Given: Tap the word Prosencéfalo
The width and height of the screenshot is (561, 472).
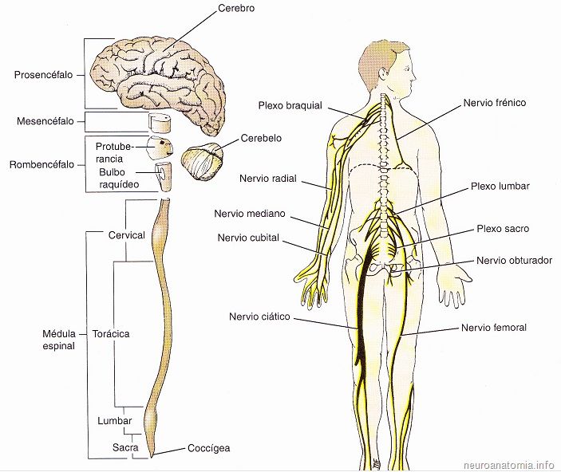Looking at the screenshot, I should pos(43,75).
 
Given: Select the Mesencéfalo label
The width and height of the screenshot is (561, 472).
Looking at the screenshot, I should pos(45,121).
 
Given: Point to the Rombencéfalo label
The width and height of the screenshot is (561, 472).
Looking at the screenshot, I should pos(41,165).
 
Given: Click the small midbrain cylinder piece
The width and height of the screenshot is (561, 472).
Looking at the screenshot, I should pos(162,123).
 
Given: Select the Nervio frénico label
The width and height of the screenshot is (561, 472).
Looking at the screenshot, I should pos(495,104).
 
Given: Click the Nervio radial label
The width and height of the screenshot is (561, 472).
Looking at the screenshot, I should pos(268,179).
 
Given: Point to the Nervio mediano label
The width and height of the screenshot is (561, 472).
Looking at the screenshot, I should pos(250,214).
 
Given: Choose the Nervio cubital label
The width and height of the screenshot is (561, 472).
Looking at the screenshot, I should pos(248,237).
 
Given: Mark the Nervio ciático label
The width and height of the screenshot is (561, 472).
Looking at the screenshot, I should pos(259,317).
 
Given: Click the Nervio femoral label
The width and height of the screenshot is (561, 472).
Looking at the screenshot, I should pos(494,328).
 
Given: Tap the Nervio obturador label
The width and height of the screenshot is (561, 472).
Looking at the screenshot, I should pos(514,260).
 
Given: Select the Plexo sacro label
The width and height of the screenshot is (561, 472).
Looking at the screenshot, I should pos(503,229).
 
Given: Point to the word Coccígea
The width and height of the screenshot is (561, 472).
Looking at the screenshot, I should pos(208,448).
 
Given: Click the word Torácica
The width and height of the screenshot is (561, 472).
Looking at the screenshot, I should pos(110,333).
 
